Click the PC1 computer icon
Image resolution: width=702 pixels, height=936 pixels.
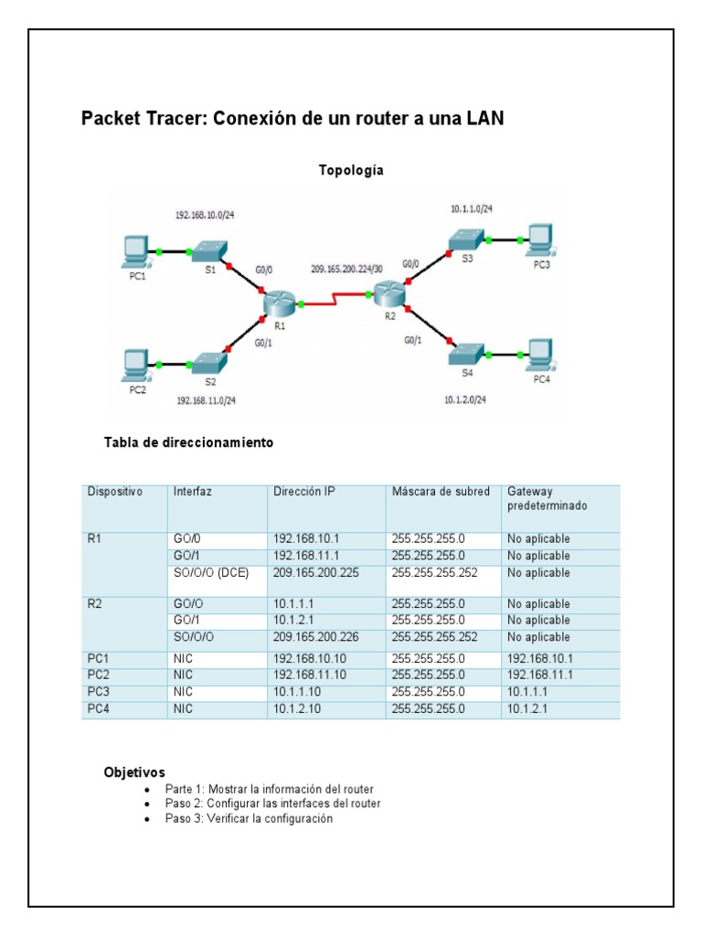coord(135,249)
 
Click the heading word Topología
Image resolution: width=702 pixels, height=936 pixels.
coord(350,170)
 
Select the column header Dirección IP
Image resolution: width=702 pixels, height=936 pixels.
coord(304,491)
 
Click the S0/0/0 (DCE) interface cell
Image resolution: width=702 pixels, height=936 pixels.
coord(210,573)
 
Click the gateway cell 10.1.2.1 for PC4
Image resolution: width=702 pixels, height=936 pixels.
coord(530,707)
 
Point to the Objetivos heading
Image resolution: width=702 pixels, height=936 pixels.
coord(134,772)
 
